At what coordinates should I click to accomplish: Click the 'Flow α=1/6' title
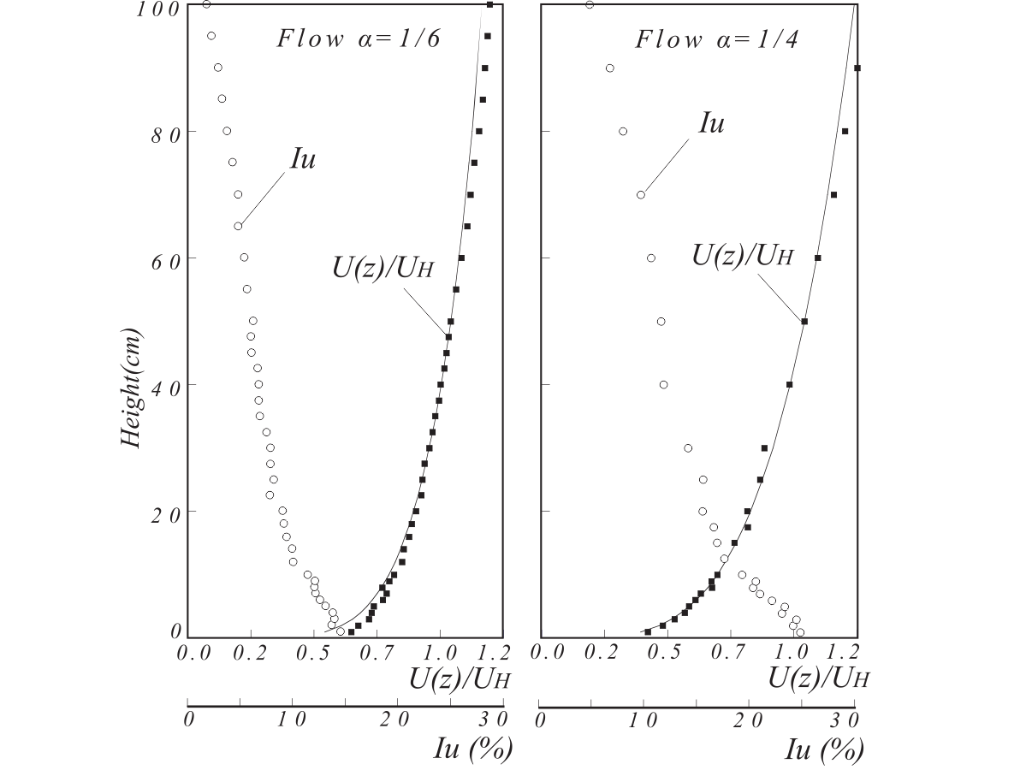(x=359, y=39)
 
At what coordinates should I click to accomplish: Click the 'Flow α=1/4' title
(x=717, y=39)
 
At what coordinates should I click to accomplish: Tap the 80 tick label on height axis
(x=155, y=133)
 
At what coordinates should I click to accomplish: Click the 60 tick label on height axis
(x=155, y=259)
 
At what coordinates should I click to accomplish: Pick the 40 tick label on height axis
(x=155, y=386)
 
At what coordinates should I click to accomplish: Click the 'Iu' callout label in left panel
(x=302, y=160)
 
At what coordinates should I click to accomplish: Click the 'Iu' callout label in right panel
(x=711, y=123)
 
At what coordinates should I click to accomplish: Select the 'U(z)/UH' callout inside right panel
(x=743, y=254)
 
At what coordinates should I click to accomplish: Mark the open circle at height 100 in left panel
(x=206, y=4)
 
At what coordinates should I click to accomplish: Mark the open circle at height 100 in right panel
(x=590, y=4)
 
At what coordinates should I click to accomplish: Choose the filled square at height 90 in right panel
(x=857, y=68)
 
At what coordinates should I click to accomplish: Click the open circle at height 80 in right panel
(x=623, y=131)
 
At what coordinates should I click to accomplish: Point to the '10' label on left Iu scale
(x=293, y=719)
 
